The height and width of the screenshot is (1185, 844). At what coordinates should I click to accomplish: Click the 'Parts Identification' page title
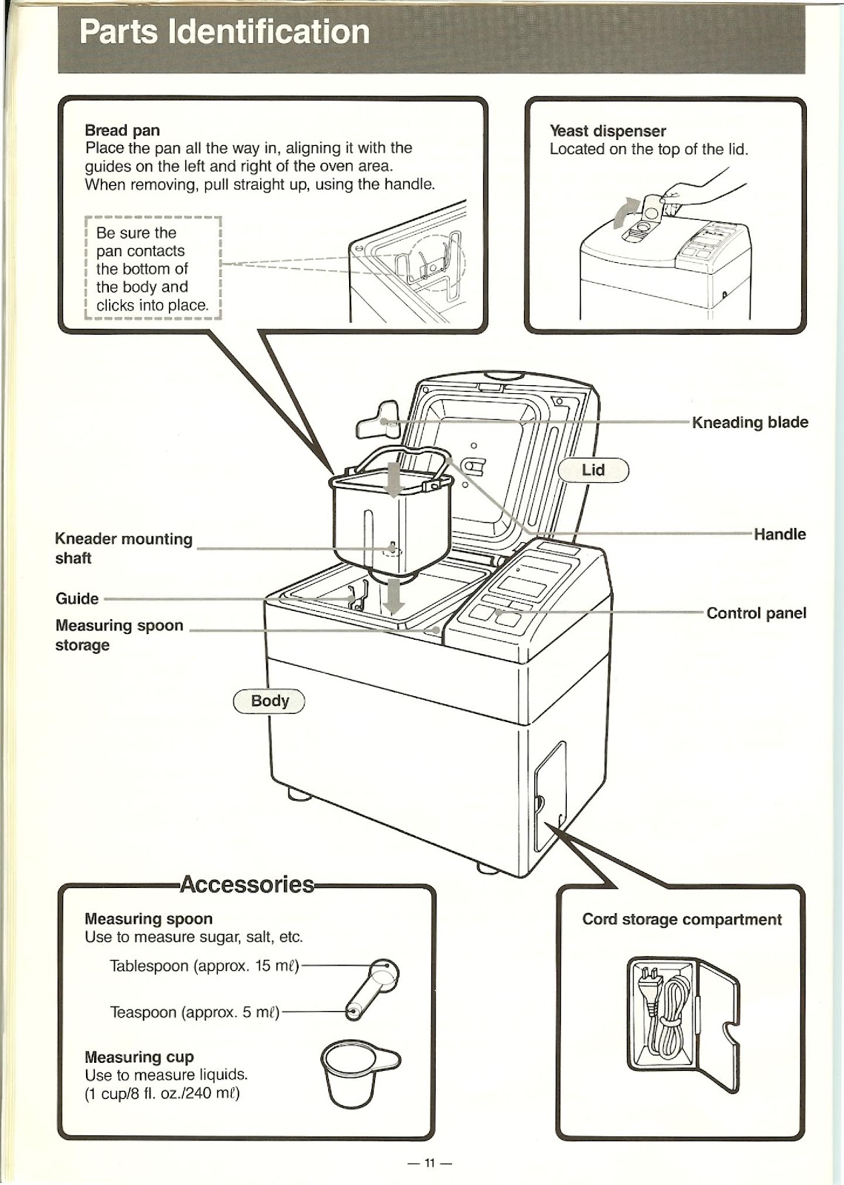coord(224,33)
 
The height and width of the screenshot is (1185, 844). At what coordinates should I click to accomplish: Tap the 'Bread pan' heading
coord(122,130)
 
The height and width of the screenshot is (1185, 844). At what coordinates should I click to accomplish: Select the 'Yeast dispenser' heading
coord(608,131)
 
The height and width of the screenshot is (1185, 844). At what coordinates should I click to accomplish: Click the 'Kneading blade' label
coord(749,422)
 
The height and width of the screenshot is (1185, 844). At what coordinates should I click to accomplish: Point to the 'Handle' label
coord(780,534)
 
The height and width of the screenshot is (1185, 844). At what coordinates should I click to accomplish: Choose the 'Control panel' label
coord(756,613)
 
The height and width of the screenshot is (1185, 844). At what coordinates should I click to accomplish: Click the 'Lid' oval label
coord(593,470)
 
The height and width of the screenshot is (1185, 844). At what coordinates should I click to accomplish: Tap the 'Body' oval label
coord(270,701)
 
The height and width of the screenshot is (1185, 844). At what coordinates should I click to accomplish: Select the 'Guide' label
coord(77,598)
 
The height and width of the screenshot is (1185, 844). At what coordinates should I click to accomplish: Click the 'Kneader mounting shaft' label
coord(123,548)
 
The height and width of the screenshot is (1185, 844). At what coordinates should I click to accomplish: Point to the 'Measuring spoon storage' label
coord(119,635)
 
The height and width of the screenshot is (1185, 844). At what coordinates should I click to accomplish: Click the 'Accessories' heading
coord(247,884)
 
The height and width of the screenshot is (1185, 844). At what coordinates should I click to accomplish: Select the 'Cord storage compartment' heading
coord(681,919)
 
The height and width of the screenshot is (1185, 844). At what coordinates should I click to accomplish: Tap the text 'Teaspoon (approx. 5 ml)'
coord(194,1012)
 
